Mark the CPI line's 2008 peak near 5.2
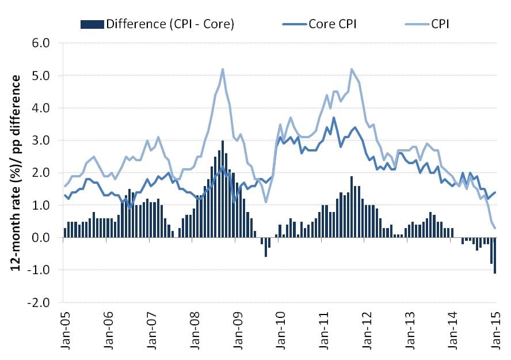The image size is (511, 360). (x=222, y=69)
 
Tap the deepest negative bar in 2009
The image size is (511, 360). (x=265, y=247)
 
